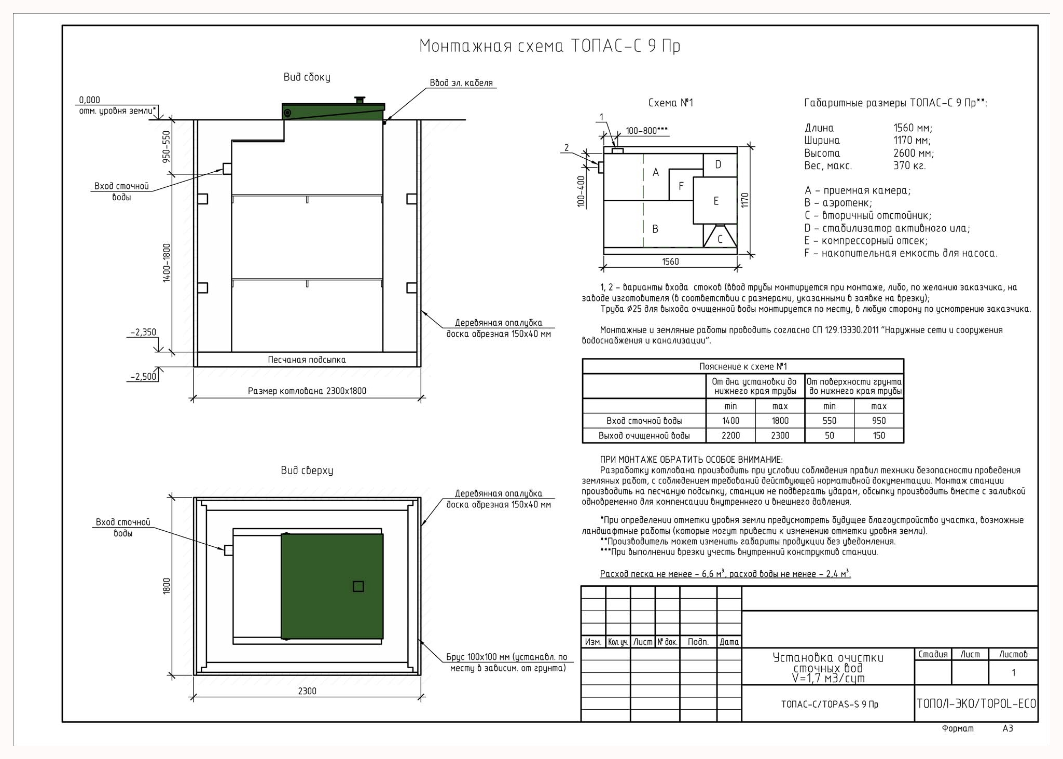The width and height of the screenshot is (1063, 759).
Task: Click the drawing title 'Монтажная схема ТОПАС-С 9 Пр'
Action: [x=549, y=46]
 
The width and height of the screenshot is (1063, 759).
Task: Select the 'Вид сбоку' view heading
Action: [x=307, y=77]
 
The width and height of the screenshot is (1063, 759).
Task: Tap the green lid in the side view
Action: [x=334, y=112]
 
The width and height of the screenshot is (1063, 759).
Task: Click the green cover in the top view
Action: [x=332, y=586]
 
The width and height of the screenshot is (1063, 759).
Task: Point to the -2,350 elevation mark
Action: [x=143, y=333]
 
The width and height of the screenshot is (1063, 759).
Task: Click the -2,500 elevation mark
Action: [x=143, y=377]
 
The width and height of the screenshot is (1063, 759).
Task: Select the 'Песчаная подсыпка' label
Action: [x=307, y=360]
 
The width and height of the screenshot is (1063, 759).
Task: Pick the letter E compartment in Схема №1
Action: [x=716, y=201]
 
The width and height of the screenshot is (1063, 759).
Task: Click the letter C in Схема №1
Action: [x=720, y=240]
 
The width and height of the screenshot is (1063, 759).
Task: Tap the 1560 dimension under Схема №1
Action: [x=670, y=261]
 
